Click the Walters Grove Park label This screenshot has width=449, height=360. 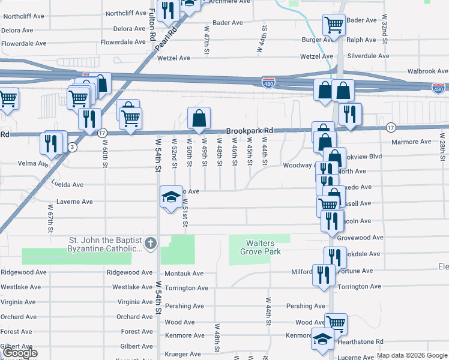260,247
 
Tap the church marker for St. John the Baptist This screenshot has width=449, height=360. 150,244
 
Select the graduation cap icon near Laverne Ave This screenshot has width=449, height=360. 170,197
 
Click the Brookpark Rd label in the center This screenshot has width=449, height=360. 250,131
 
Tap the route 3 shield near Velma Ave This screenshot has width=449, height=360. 73,146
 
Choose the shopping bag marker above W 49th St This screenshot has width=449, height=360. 199,118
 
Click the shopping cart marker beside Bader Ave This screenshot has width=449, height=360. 333,25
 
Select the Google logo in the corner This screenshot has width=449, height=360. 19,353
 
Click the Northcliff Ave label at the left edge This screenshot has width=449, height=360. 22,16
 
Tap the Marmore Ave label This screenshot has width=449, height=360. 414,142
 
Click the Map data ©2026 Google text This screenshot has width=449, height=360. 412,355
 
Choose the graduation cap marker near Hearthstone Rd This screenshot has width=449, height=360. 322,339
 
